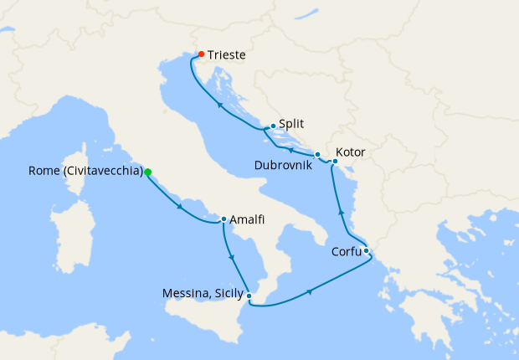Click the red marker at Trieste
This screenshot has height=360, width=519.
coord(201,54)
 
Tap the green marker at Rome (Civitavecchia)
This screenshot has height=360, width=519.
coord(148,172)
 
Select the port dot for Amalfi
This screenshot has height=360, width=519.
coord(224,220)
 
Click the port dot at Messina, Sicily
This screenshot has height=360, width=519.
coord(249,295)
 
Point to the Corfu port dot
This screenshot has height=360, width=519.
coord(367,250)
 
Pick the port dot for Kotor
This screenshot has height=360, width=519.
coord(335,161)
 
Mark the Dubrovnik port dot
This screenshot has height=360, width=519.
coord(317,155)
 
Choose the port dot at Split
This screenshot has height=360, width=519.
coord(273,126)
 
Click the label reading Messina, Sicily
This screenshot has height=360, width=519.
coord(204,294)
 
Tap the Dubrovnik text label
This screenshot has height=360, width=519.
coord(284,166)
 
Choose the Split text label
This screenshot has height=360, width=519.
coord(291,121)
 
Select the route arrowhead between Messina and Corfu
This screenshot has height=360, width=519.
coord(311,291)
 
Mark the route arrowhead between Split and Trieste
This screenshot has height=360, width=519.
coord(219,105)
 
